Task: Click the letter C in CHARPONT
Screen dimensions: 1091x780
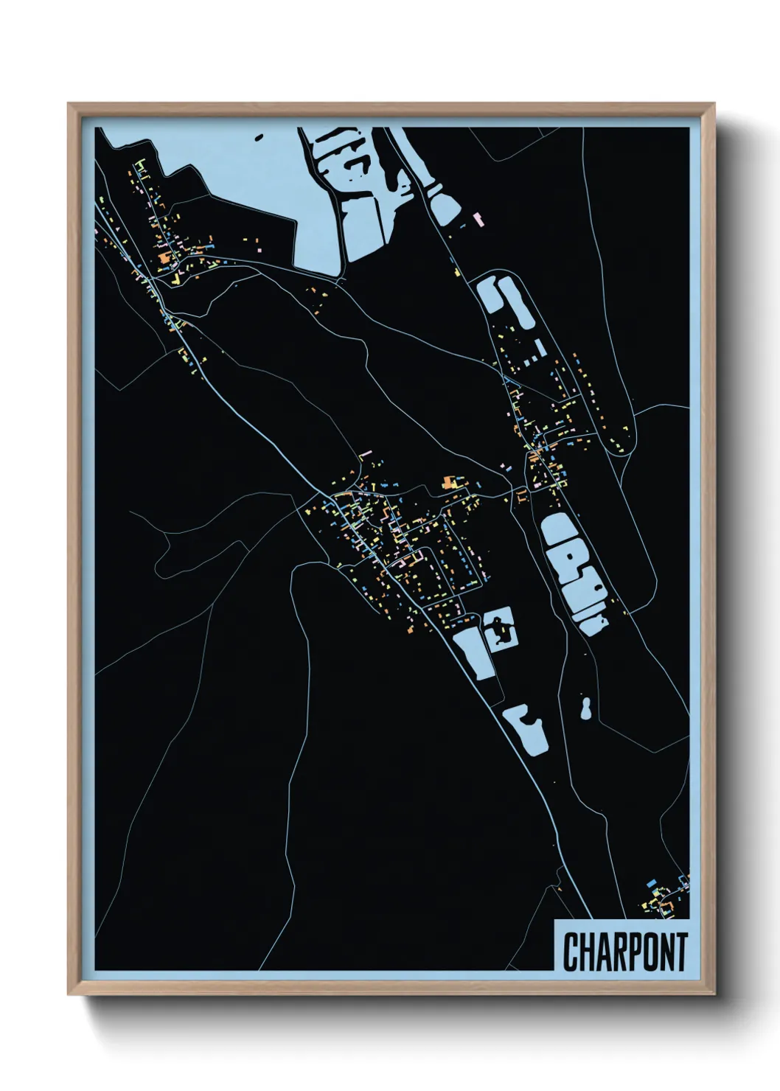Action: (x=571, y=952)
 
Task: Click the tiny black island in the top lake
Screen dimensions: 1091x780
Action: (x=258, y=136)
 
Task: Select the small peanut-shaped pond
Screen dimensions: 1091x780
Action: (x=586, y=709)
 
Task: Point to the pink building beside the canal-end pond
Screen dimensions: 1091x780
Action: (x=478, y=218)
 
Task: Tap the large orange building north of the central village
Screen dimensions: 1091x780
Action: (x=449, y=483)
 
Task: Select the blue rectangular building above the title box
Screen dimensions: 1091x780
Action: (x=651, y=882)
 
